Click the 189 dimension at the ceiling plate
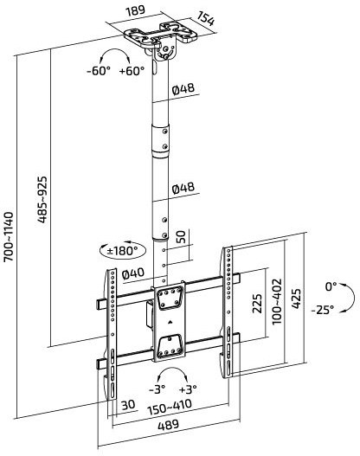click(x=135, y=10)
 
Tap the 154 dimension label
click(x=206, y=18)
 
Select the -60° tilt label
click(x=99, y=71)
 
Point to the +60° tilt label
click(x=132, y=70)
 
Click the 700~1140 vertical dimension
click(x=9, y=236)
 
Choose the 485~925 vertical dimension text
click(x=42, y=200)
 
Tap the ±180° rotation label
click(x=122, y=250)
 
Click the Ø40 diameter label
click(x=133, y=273)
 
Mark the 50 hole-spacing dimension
click(x=181, y=237)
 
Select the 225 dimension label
click(x=257, y=304)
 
